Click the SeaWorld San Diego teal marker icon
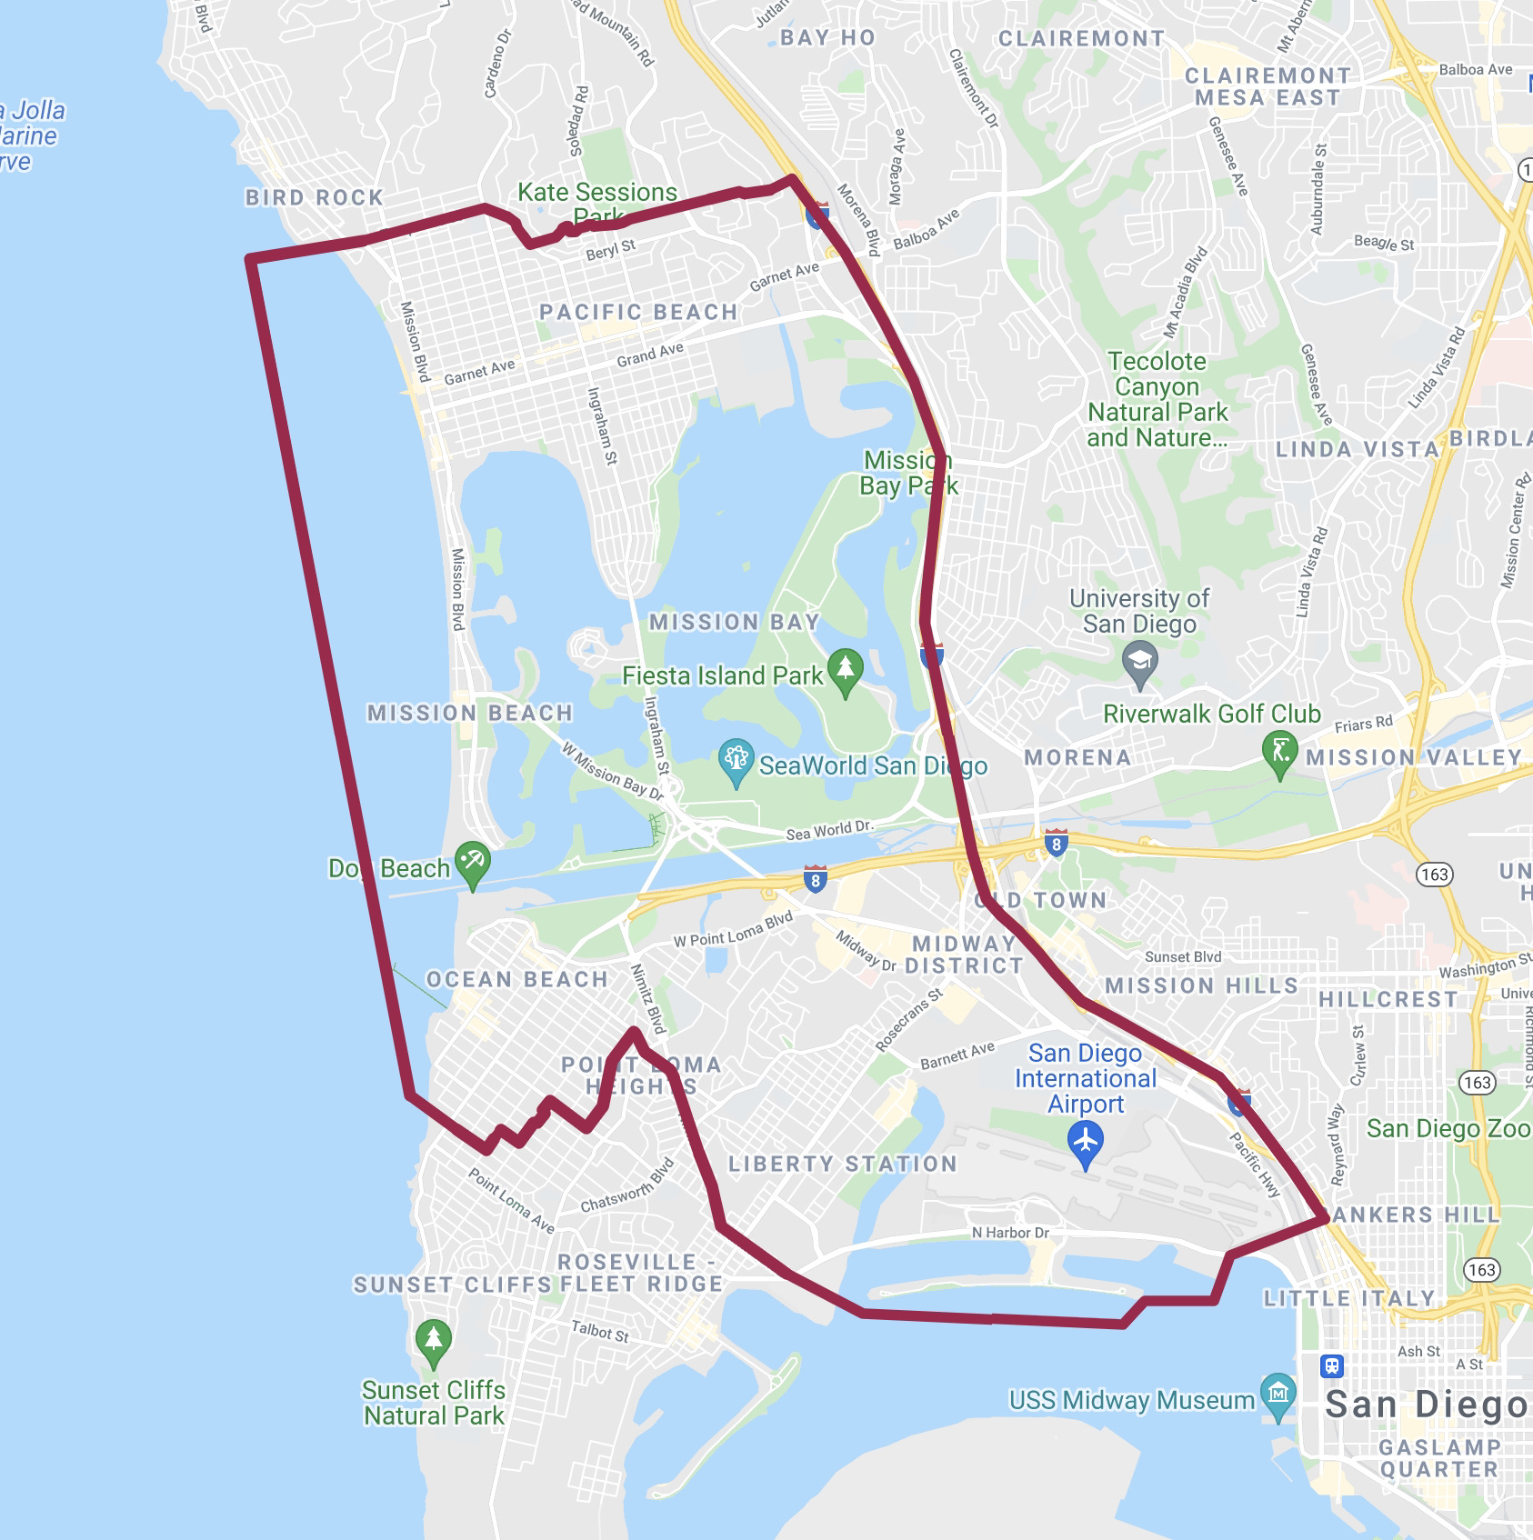(x=736, y=763)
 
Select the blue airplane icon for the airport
(x=1086, y=1140)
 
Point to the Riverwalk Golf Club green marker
(x=1280, y=755)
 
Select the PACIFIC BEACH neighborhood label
(x=638, y=312)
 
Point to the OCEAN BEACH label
(x=516, y=979)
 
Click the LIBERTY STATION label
(x=842, y=1164)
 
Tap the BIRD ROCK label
(x=315, y=197)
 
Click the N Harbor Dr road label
(x=1010, y=1233)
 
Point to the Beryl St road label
(x=610, y=251)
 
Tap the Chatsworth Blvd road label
(x=628, y=1185)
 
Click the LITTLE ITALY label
(x=1349, y=1298)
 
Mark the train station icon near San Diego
(x=1333, y=1366)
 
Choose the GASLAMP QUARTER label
(x=1438, y=1458)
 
